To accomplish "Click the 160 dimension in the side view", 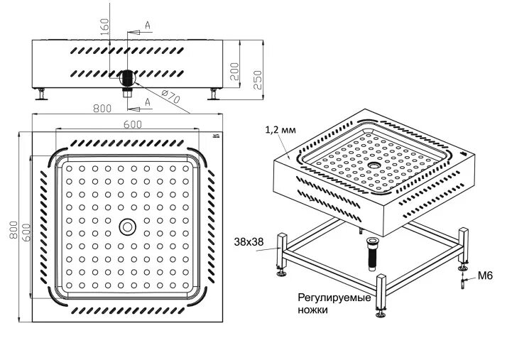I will [105, 27].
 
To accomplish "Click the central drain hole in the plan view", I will [128, 226].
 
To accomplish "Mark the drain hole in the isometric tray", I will [374, 164].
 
